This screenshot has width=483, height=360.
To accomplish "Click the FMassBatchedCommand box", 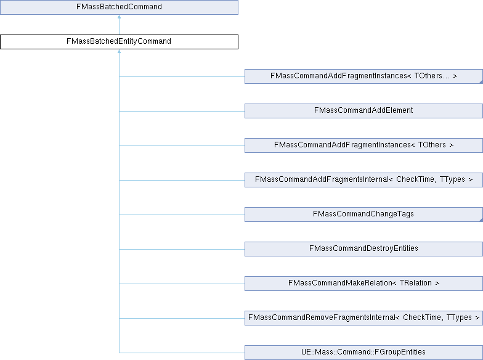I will pyautogui.click(x=119, y=7).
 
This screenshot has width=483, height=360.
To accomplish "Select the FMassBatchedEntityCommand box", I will pyautogui.click(x=119, y=42).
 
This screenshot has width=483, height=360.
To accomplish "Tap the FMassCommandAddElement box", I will pyautogui.click(x=363, y=111).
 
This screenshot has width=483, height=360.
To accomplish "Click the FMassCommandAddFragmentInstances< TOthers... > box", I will pyautogui.click(x=363, y=76).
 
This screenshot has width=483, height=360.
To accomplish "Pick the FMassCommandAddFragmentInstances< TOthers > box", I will pyautogui.click(x=363, y=145).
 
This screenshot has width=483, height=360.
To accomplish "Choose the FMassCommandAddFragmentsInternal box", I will pyautogui.click(x=363, y=180).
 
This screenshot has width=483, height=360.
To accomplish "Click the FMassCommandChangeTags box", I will pyautogui.click(x=363, y=215).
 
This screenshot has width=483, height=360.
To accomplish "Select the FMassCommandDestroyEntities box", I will pyautogui.click(x=363, y=249).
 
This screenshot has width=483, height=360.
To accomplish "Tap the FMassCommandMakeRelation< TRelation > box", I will pyautogui.click(x=363, y=284).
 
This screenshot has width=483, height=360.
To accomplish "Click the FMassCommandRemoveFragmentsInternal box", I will pyautogui.click(x=363, y=318).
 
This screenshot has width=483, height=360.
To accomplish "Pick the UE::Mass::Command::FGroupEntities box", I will pyautogui.click(x=363, y=353).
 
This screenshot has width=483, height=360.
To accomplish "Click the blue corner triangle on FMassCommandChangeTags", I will pyautogui.click(x=480, y=219).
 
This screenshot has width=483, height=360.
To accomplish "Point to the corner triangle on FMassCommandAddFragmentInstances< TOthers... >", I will pyautogui.click(x=480, y=81).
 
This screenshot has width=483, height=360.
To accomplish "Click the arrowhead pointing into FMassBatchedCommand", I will pyautogui.click(x=119, y=17).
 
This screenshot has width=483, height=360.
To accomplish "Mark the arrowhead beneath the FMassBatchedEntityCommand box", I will pyautogui.click(x=119, y=52).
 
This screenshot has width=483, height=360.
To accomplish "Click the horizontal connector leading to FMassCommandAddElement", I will pyautogui.click(x=182, y=111).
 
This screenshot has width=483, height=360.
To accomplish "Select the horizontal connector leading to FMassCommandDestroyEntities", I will pyautogui.click(x=182, y=249).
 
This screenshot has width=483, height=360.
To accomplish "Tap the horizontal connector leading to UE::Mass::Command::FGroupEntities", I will pyautogui.click(x=182, y=353).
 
